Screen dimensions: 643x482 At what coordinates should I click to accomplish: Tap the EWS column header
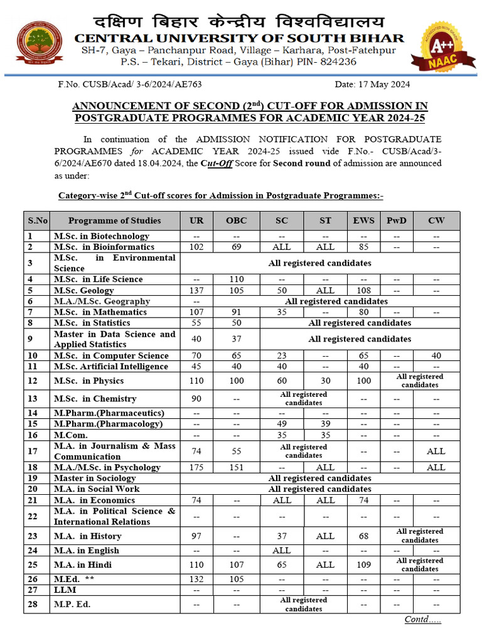(363, 220)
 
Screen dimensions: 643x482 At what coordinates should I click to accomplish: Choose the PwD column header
(396, 220)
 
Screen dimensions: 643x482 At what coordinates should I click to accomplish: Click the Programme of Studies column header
(114, 220)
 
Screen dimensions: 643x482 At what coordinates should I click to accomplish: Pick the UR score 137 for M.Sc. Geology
(196, 290)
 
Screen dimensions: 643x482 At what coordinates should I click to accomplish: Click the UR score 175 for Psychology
(196, 467)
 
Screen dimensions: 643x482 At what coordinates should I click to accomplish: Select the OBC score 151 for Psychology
(236, 467)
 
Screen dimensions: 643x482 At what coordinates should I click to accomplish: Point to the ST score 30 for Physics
(325, 381)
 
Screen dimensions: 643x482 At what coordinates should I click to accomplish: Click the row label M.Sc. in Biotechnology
(101, 236)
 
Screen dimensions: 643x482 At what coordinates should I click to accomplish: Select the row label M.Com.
(71, 435)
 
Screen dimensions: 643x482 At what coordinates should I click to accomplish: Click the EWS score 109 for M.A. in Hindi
(363, 565)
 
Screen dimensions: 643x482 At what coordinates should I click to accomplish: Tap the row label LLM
(66, 591)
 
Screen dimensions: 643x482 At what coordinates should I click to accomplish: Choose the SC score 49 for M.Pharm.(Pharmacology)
(282, 424)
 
